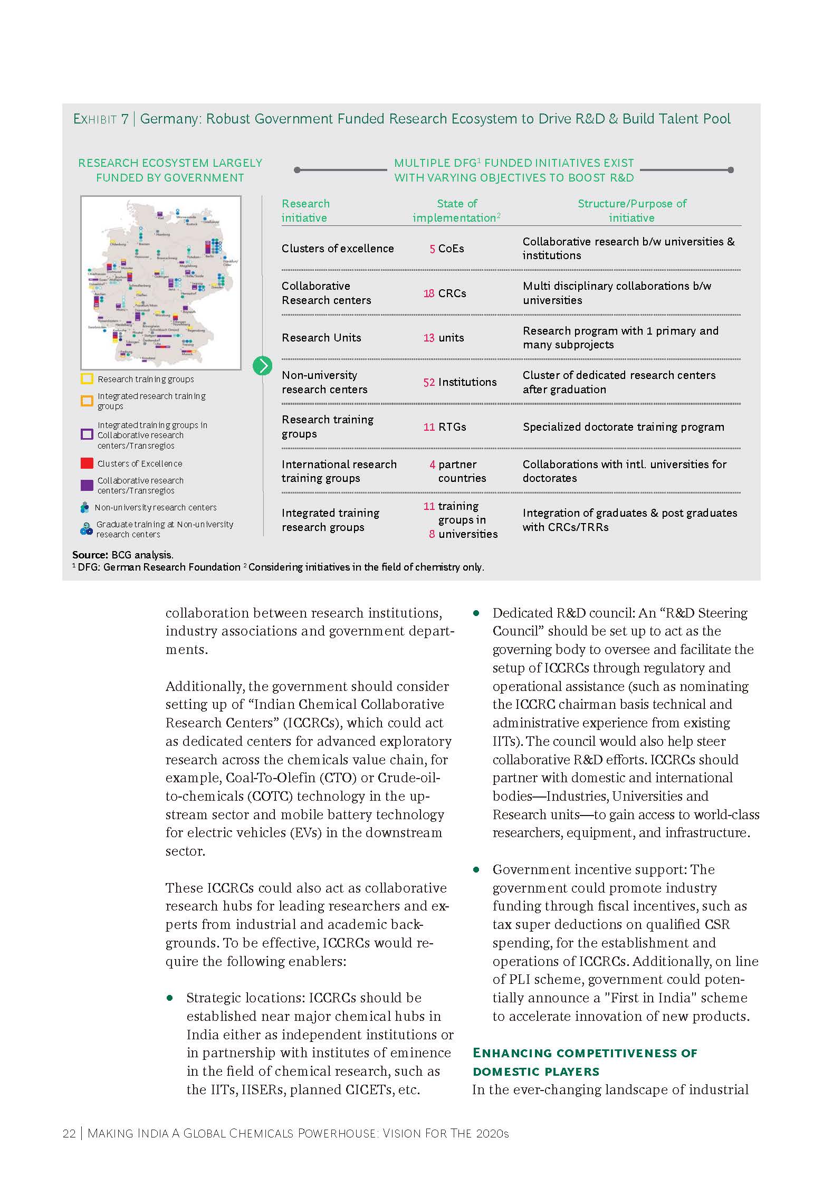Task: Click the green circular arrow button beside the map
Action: [262, 366]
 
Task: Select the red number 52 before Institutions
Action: [428, 382]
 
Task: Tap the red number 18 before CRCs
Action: [428, 293]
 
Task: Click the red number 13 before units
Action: [428, 338]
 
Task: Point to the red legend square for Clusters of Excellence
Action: [87, 463]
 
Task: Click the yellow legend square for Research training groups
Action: [87, 379]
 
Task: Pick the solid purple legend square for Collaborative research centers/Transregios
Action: [87, 485]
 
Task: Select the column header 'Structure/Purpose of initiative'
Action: [631, 211]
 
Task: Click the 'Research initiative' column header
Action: [305, 211]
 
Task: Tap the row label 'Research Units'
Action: [321, 338]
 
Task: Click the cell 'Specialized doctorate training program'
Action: [623, 427]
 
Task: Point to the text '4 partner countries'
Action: [458, 471]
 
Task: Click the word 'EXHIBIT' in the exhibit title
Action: [95, 119]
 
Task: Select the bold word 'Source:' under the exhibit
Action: [90, 555]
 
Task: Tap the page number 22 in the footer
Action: [69, 1134]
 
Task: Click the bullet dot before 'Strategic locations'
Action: [170, 998]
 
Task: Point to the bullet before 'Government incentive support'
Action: [476, 869]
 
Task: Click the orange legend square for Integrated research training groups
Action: [87, 401]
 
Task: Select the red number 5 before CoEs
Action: [432, 249]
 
